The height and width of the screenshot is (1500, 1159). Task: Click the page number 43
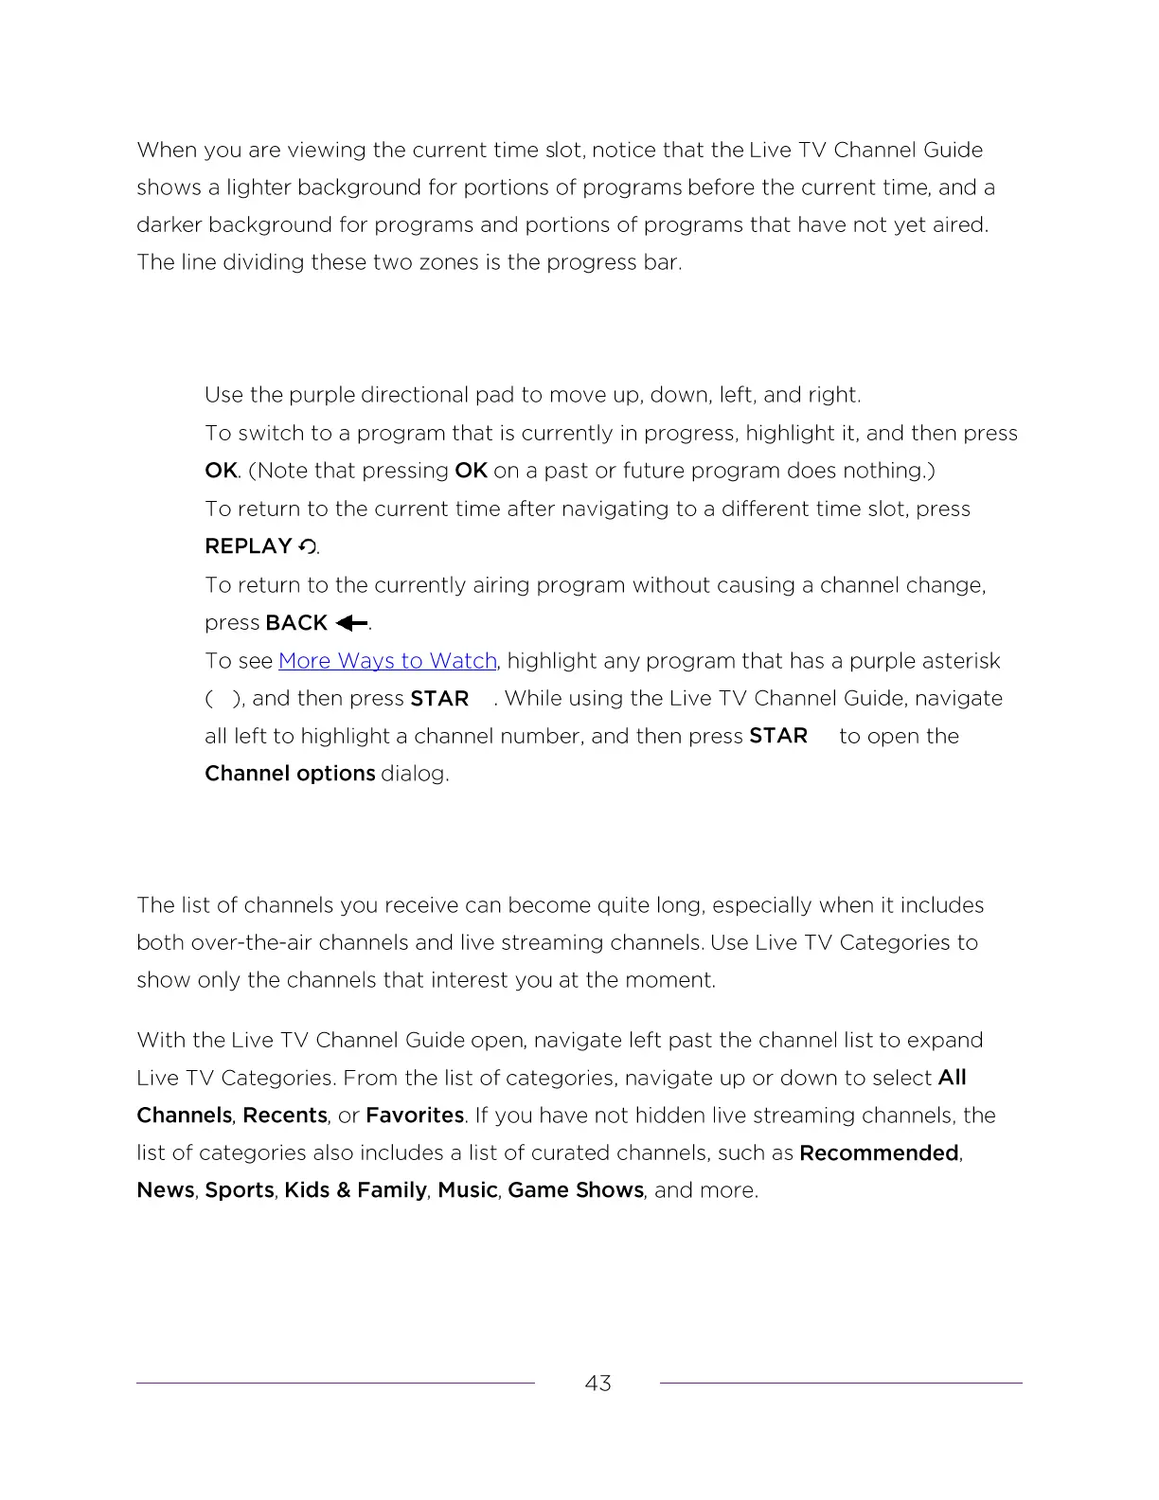(x=597, y=1384)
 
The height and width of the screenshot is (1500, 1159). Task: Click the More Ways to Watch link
(x=387, y=661)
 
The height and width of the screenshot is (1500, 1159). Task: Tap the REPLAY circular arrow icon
(x=308, y=546)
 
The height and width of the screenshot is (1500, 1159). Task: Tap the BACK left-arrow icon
(x=351, y=623)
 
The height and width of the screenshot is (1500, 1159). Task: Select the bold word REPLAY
(x=248, y=546)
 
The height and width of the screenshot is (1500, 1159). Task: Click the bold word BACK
(x=296, y=623)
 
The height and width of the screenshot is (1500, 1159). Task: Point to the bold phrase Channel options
(x=290, y=774)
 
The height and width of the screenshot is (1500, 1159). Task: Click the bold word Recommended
(x=879, y=1153)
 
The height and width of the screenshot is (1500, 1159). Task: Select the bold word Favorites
(x=415, y=1116)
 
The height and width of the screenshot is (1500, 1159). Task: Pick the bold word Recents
(x=285, y=1116)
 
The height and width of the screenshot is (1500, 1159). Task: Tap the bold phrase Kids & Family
(x=355, y=1190)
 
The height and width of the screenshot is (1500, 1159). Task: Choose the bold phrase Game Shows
(x=576, y=1190)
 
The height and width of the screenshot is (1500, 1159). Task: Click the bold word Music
(x=468, y=1190)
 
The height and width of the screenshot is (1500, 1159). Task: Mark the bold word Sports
(x=240, y=1190)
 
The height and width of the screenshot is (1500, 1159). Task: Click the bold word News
(x=166, y=1190)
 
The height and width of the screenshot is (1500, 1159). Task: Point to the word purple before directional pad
(x=322, y=395)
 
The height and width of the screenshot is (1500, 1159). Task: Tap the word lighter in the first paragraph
(x=259, y=187)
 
